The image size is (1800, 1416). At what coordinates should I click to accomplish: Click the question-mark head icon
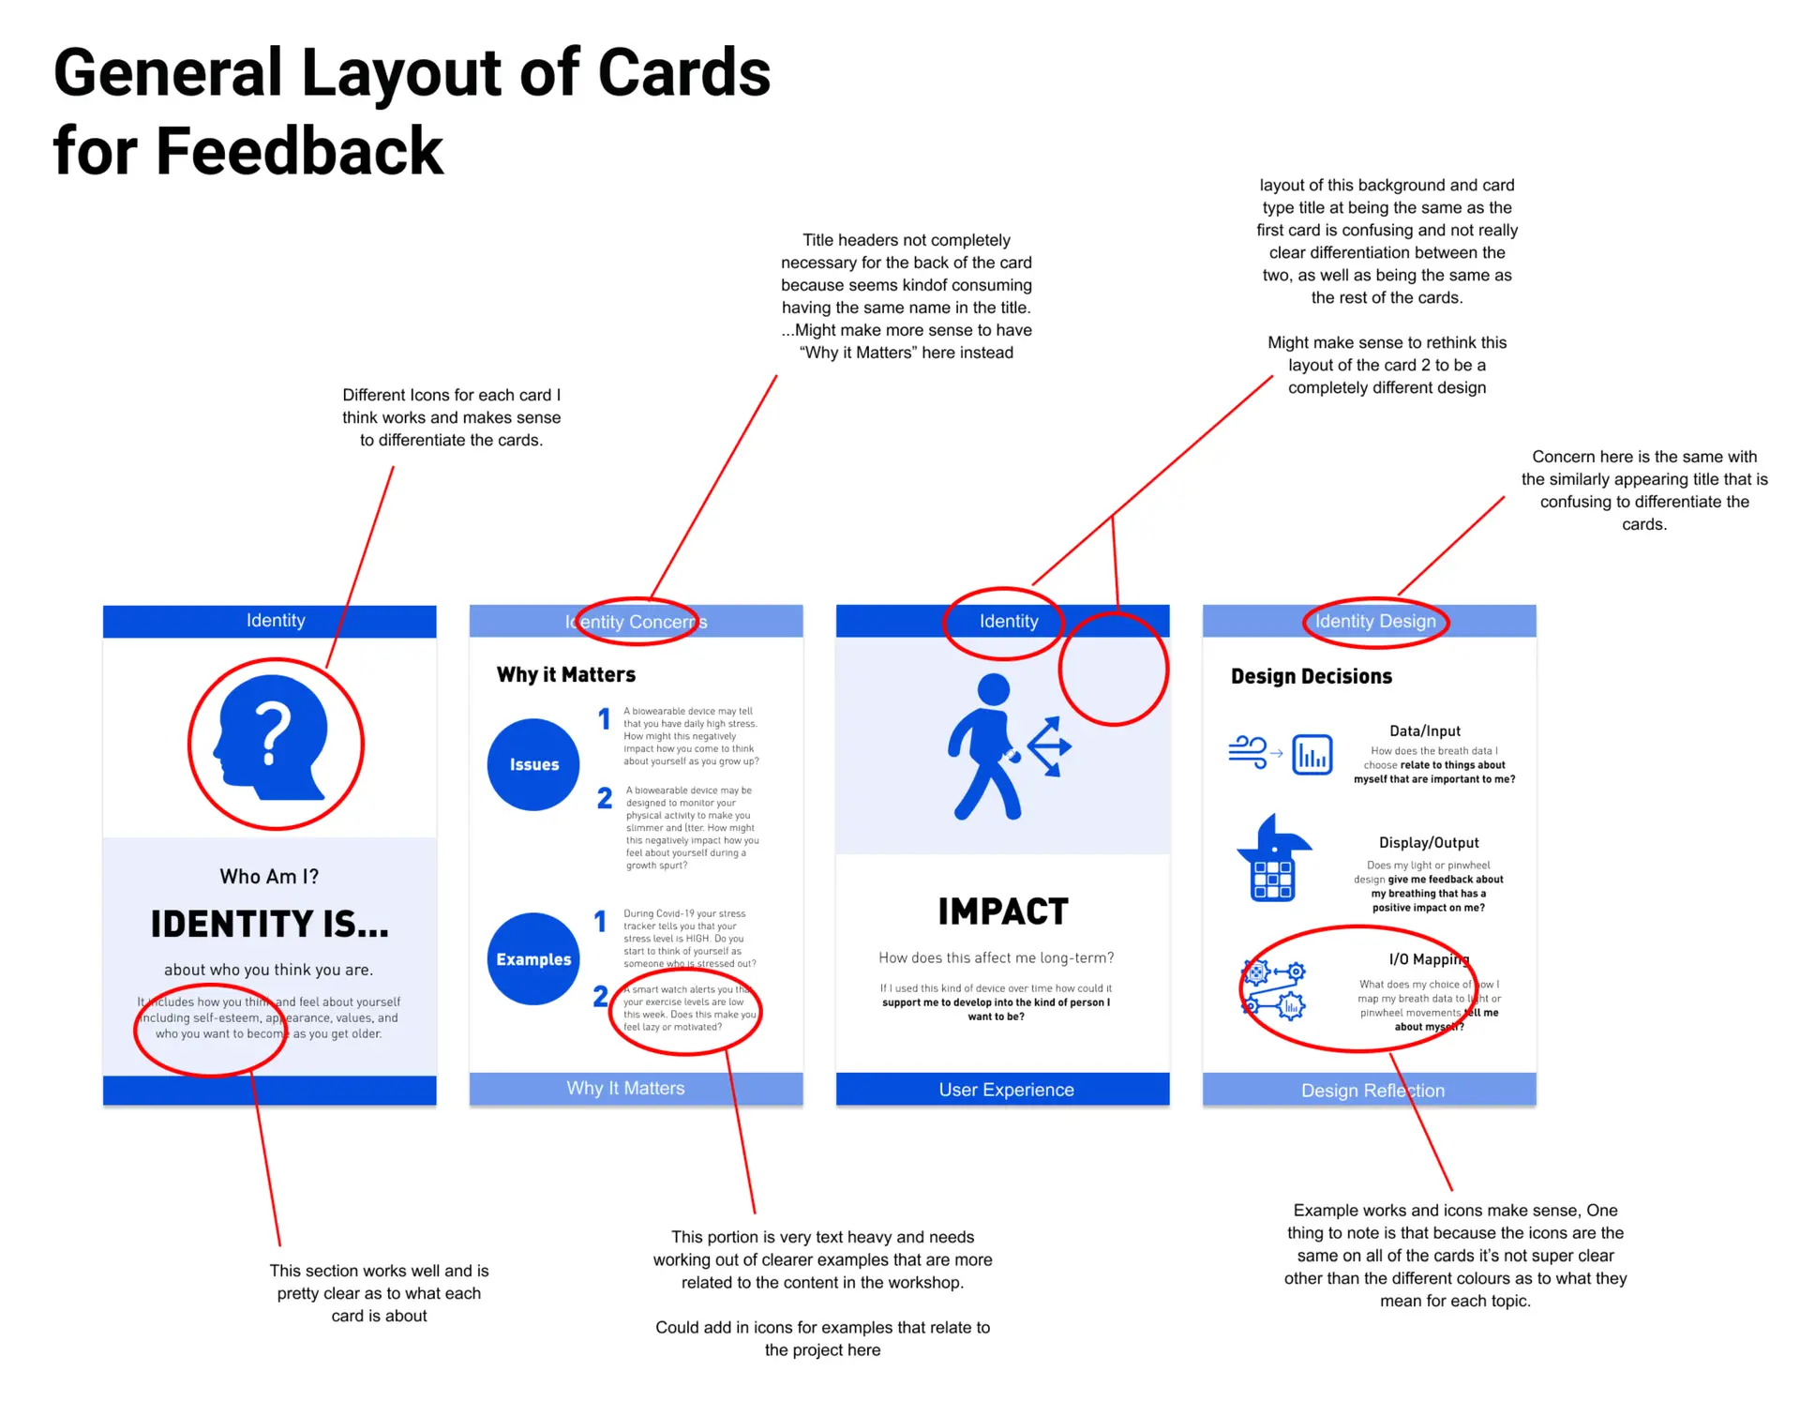273,738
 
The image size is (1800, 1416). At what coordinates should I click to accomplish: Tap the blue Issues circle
533,764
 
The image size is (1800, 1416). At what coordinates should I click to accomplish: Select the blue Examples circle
533,958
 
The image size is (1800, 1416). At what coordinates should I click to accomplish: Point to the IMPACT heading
1002,911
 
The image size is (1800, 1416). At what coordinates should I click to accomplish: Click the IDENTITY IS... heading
270,925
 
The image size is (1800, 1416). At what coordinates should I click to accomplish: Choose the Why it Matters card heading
566,674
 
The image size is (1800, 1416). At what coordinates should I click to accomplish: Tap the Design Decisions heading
1311,676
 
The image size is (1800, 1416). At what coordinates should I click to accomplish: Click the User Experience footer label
1006,1090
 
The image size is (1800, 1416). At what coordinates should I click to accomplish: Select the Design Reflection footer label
1372,1091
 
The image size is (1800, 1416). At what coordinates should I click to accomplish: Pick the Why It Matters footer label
625,1088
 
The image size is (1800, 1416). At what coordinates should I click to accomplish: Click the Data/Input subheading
1425,731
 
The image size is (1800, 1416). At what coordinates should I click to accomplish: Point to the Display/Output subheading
1429,842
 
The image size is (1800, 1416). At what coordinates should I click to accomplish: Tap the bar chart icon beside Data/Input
1312,754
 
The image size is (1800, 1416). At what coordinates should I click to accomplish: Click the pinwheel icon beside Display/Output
1273,858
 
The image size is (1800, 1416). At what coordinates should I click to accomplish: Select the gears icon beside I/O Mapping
1274,990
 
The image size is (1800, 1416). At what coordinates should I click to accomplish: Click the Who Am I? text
269,876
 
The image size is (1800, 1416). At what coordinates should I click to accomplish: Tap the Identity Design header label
1375,621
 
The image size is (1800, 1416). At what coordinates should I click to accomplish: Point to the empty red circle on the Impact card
1114,669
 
